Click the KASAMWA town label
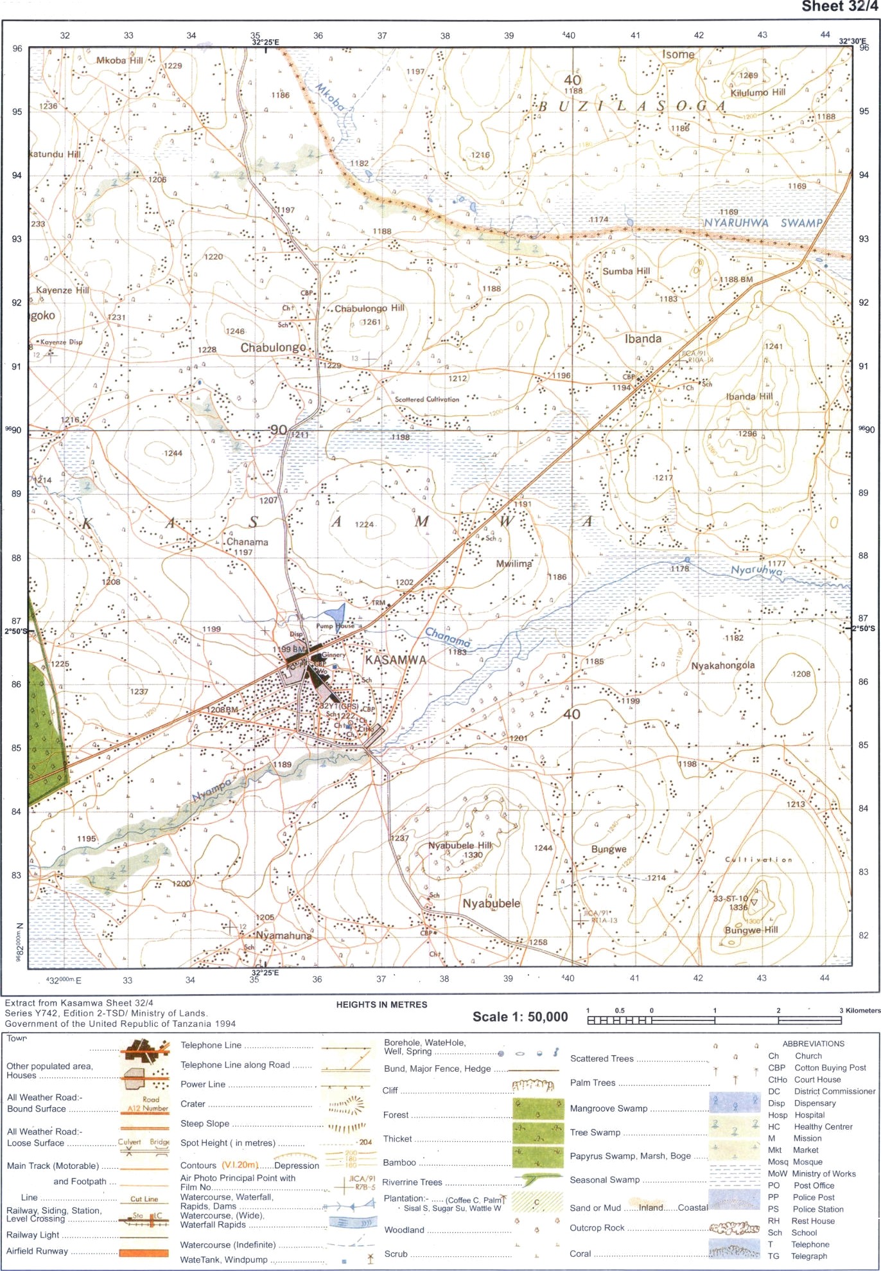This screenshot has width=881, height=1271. (396, 660)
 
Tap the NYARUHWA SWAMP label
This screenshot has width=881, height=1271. (763, 223)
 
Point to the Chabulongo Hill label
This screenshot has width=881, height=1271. (369, 308)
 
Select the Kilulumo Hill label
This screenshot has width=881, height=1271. (758, 93)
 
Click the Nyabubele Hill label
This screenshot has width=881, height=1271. (460, 846)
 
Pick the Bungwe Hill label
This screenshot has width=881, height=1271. (751, 930)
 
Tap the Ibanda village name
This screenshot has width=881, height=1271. (643, 339)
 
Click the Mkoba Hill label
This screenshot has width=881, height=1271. (119, 60)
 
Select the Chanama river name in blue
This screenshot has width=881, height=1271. (448, 637)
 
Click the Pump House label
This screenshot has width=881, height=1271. (335, 626)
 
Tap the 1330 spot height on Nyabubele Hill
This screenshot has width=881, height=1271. (473, 855)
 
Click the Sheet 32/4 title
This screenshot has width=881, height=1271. (839, 6)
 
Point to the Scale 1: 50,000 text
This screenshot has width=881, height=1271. (520, 1017)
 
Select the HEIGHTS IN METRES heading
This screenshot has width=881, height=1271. (381, 1004)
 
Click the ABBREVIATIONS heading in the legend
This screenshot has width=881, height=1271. (813, 1044)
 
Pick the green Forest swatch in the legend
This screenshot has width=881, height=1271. (538, 1108)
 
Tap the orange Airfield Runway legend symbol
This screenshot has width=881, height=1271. (144, 1252)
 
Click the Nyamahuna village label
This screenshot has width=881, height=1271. (283, 936)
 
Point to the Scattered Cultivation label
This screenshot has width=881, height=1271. (427, 399)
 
